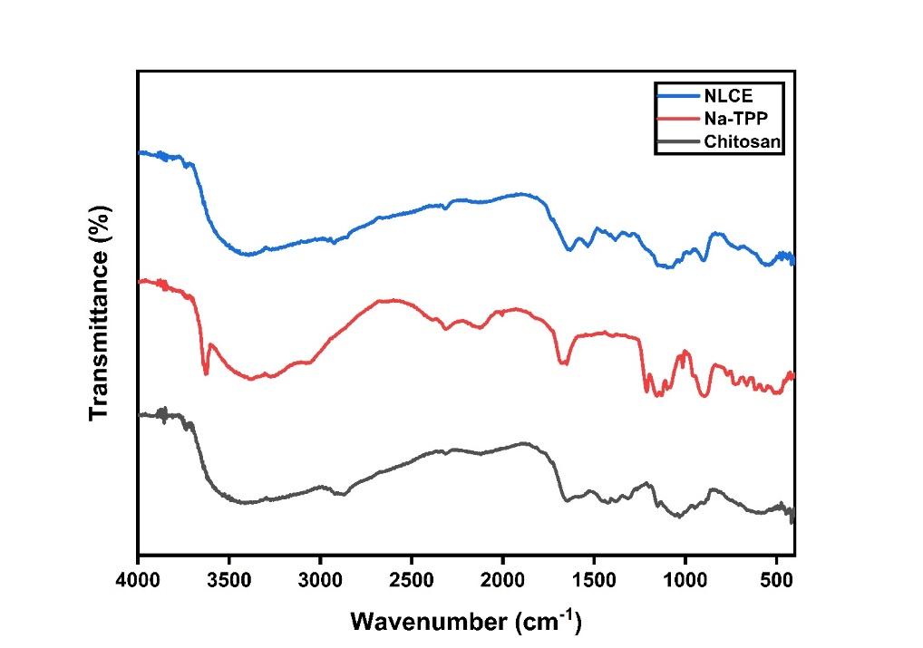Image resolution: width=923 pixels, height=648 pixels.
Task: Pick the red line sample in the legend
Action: tap(676, 119)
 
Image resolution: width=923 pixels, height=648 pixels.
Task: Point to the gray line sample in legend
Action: tap(676, 141)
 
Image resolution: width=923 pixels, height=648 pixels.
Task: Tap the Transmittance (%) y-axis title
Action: tap(100, 313)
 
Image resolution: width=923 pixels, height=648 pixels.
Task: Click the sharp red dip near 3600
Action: tap(206, 371)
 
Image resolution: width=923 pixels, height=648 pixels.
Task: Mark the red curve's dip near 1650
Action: tap(566, 363)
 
